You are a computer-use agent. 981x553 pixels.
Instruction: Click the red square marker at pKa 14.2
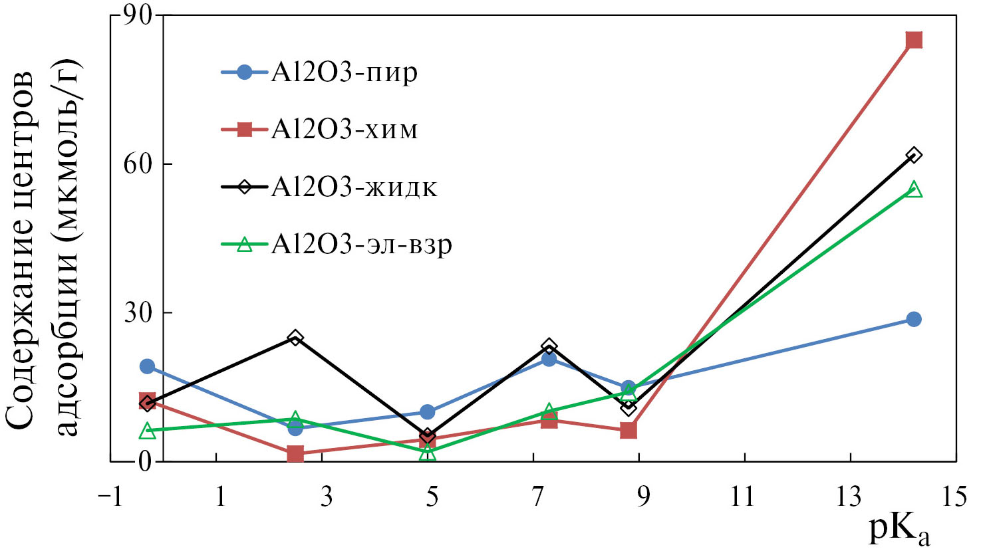pyautogui.click(x=914, y=40)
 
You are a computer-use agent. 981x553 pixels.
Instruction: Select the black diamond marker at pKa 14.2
pyautogui.click(x=914, y=156)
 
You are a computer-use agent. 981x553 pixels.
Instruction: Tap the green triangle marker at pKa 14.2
pyautogui.click(x=914, y=190)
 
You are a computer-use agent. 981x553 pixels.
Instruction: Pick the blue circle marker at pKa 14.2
pyautogui.click(x=914, y=319)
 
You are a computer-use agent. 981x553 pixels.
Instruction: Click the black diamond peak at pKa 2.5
pyautogui.click(x=295, y=338)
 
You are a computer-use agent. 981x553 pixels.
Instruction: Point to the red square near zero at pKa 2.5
pyautogui.click(x=295, y=454)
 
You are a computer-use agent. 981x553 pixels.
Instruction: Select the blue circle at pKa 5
pyautogui.click(x=428, y=412)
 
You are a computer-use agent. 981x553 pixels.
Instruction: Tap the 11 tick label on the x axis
pyautogui.click(x=744, y=497)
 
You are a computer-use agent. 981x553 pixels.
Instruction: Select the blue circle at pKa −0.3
pyautogui.click(x=147, y=366)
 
